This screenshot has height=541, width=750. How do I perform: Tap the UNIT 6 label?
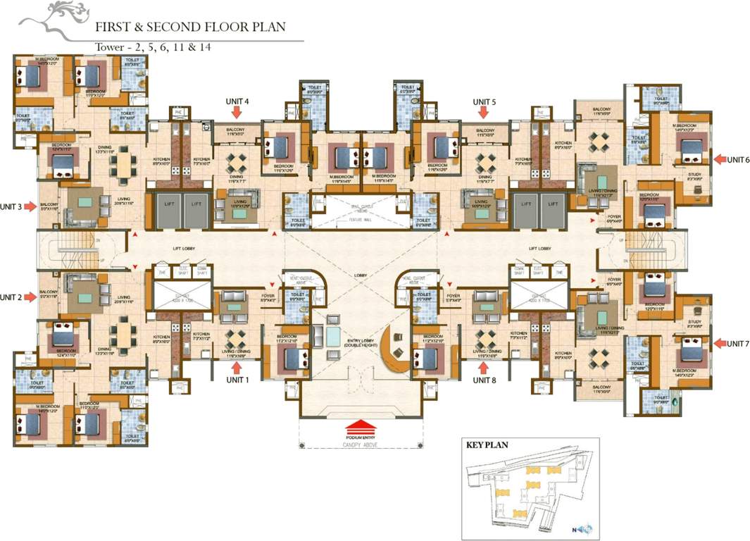tap(739, 159)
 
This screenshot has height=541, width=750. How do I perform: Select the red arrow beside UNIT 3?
tap(31, 206)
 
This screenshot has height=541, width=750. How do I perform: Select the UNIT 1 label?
tap(239, 380)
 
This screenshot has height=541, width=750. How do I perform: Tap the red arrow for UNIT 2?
tap(31, 297)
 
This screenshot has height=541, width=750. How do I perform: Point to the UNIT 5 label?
tap(485, 101)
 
